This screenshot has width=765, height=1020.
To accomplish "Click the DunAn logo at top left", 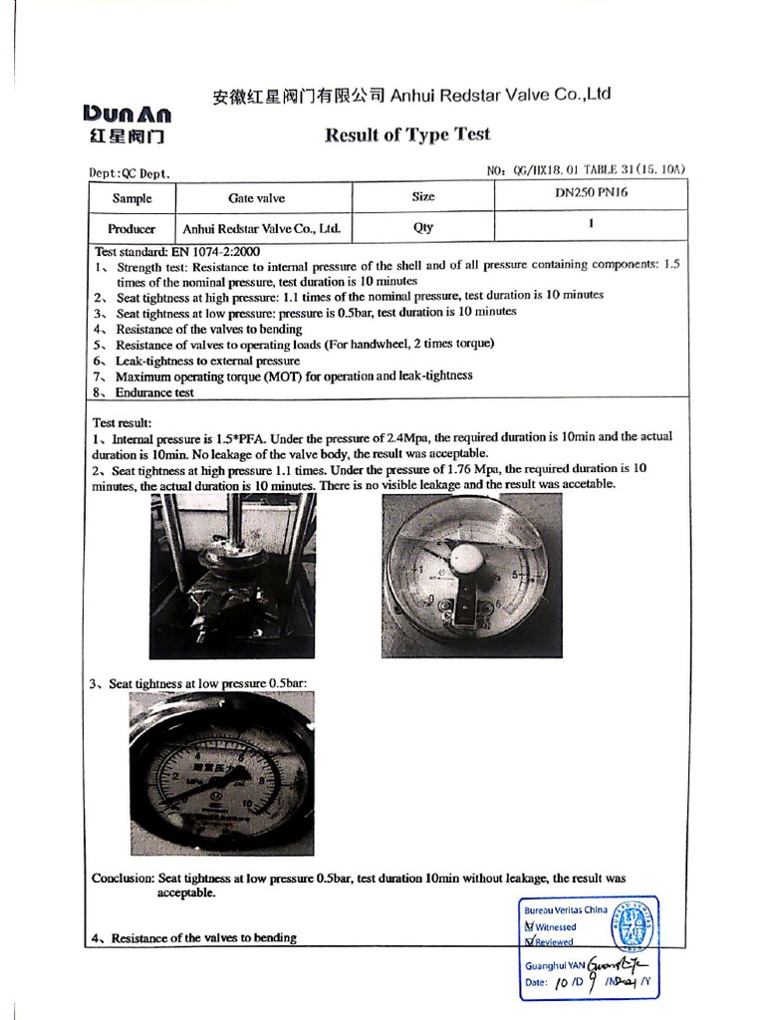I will pyautogui.click(x=127, y=123).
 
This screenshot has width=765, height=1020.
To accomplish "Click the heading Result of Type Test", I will pyautogui.click(x=407, y=134).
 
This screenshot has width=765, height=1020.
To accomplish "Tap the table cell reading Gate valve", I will pyautogui.click(x=256, y=198).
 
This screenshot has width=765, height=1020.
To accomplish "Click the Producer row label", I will pyautogui.click(x=131, y=228).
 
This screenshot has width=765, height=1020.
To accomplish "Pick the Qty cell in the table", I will pyautogui.click(x=423, y=227).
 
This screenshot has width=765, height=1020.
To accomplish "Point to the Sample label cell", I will pyautogui.click(x=131, y=198).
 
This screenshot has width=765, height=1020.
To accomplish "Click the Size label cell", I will pyautogui.click(x=423, y=197).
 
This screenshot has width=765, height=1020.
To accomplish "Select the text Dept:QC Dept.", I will pyautogui.click(x=129, y=173).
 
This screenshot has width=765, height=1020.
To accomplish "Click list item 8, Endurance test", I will pyautogui.click(x=154, y=392).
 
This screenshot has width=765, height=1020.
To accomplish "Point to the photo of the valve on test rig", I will pyautogui.click(x=232, y=576).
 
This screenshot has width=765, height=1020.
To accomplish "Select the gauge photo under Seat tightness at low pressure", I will pyautogui.click(x=221, y=773).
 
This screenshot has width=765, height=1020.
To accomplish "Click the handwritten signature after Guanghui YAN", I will pyautogui.click(x=619, y=964).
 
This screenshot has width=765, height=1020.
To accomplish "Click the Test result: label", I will pyautogui.click(x=121, y=422).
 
